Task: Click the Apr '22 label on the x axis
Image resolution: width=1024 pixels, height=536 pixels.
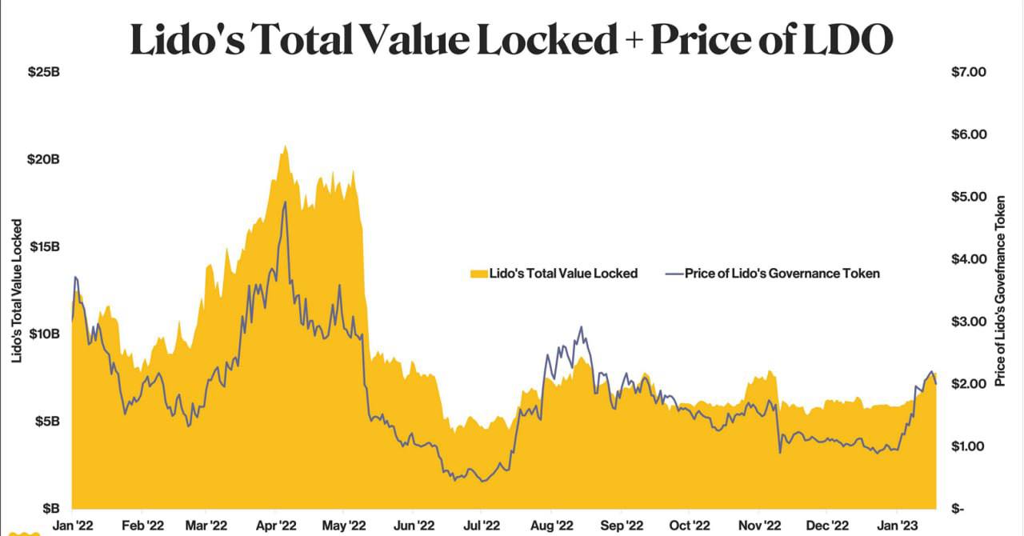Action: pyautogui.click(x=278, y=526)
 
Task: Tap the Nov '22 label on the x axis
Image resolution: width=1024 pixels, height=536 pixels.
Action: pyautogui.click(x=759, y=526)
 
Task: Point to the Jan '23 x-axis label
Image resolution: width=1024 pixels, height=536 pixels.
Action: pyautogui.click(x=898, y=526)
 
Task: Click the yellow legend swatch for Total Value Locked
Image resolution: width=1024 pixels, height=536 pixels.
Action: pyautogui.click(x=478, y=274)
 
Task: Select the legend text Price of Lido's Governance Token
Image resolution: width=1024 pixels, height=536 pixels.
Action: pyautogui.click(x=782, y=274)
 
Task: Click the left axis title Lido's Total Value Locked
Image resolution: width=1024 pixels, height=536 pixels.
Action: pyautogui.click(x=17, y=291)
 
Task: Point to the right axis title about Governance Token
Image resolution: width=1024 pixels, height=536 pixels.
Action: pyautogui.click(x=1000, y=291)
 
